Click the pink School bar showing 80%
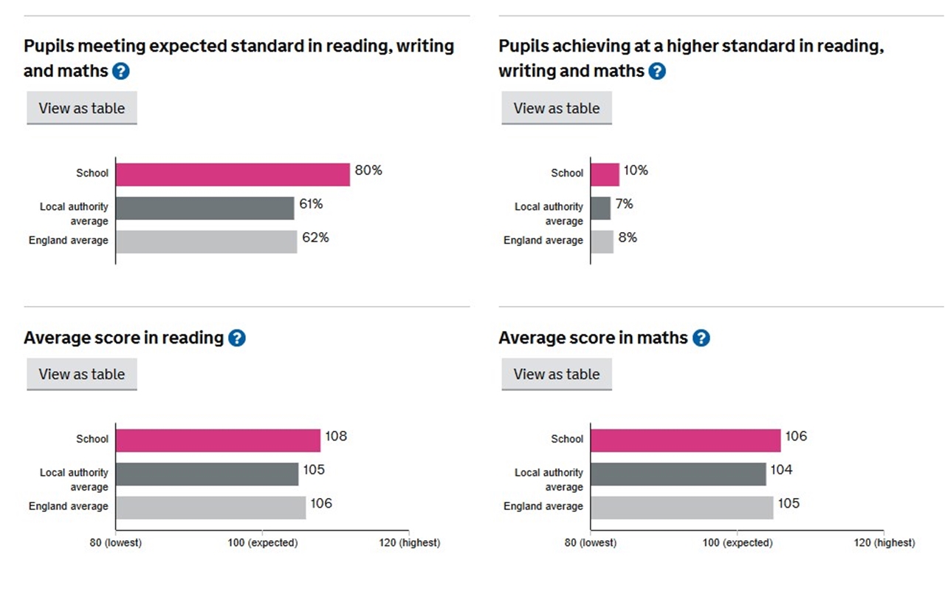pyautogui.click(x=233, y=174)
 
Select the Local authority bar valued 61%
pyautogui.click(x=205, y=208)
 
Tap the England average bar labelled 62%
pyautogui.click(x=206, y=242)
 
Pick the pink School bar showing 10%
pyautogui.click(x=605, y=174)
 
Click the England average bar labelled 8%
pyautogui.click(x=602, y=242)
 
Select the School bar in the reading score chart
pyautogui.click(x=218, y=440)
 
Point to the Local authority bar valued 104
pyautogui.click(x=678, y=474)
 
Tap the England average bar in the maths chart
pyautogui.click(x=682, y=508)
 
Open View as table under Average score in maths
pyautogui.click(x=557, y=375)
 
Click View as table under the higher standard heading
pyautogui.click(x=557, y=109)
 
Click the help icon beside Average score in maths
pyautogui.click(x=701, y=338)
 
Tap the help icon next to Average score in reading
pyautogui.click(x=236, y=338)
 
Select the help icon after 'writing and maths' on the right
pyautogui.click(x=656, y=72)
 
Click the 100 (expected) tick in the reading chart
pyautogui.click(x=263, y=542)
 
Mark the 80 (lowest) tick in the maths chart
pyautogui.click(x=591, y=542)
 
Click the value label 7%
pyautogui.click(x=625, y=204)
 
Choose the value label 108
pyautogui.click(x=336, y=436)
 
